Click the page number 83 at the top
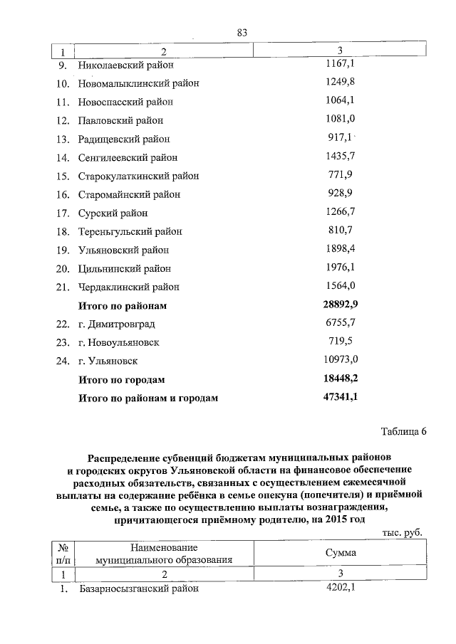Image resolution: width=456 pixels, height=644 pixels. click(242, 33)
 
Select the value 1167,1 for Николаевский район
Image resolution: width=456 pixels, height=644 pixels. click(340, 64)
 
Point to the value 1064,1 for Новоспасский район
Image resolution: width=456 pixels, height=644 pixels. click(340, 101)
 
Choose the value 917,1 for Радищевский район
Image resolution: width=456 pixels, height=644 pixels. click(342, 138)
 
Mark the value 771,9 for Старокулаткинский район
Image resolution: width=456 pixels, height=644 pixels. click(341, 175)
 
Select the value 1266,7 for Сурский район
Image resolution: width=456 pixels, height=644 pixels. click(340, 212)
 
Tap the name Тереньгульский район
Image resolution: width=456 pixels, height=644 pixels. click(130, 231)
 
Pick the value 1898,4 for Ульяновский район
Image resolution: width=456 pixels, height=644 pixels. click(340, 249)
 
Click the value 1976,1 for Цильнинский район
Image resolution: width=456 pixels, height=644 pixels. click(340, 268)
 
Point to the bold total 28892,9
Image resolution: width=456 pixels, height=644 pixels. click(340, 305)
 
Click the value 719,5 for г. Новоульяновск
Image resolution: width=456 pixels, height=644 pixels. click(341, 342)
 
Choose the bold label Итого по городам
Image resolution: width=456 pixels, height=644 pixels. click(121, 379)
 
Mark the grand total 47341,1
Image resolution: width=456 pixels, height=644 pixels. click(340, 397)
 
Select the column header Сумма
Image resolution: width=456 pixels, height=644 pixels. click(341, 553)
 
